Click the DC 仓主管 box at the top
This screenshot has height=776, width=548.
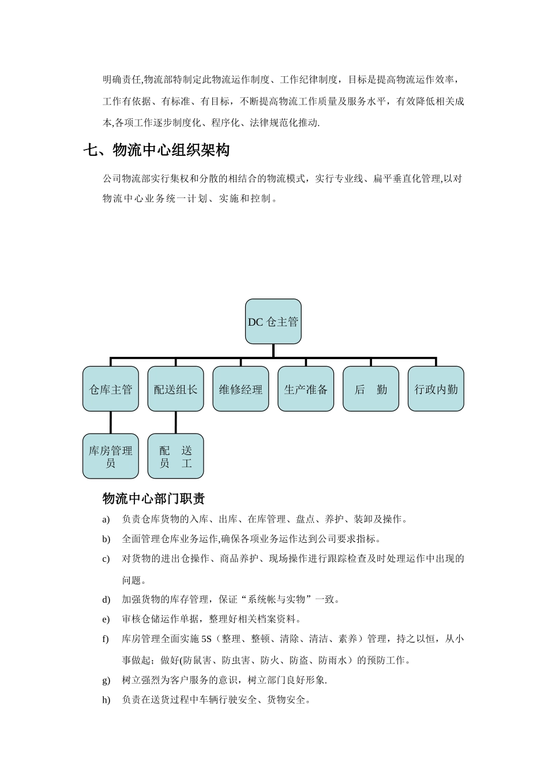273,322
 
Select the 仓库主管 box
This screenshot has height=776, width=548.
111,389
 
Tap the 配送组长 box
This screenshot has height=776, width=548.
175,389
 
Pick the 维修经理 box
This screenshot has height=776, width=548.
241,389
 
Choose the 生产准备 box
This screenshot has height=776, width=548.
306,389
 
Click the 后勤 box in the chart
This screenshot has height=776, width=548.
371,389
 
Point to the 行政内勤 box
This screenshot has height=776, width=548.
436,389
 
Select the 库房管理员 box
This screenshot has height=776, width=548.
111,456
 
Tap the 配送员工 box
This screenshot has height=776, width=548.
175,456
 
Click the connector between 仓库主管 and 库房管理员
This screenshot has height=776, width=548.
111,423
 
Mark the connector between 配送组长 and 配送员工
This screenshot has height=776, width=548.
176,423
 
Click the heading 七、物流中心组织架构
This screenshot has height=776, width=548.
156,150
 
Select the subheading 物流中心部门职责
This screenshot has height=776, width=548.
153,498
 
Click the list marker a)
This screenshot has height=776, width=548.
106,520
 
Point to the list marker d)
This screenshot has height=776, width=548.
106,600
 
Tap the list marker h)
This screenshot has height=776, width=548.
106,700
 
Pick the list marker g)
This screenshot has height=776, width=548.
106,681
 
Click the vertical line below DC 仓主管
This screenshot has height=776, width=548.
273,351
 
